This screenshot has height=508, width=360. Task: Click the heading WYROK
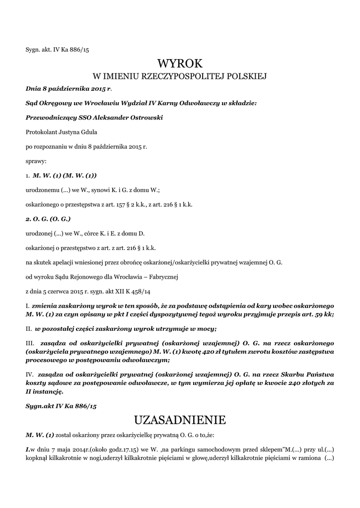tap(180, 63)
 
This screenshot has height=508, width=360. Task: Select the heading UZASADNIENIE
tap(180, 420)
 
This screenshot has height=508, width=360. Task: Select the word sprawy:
tap(36, 161)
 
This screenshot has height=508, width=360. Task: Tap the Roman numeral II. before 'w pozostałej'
tap(29, 328)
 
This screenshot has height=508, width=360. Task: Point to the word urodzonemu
tap(43, 190)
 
